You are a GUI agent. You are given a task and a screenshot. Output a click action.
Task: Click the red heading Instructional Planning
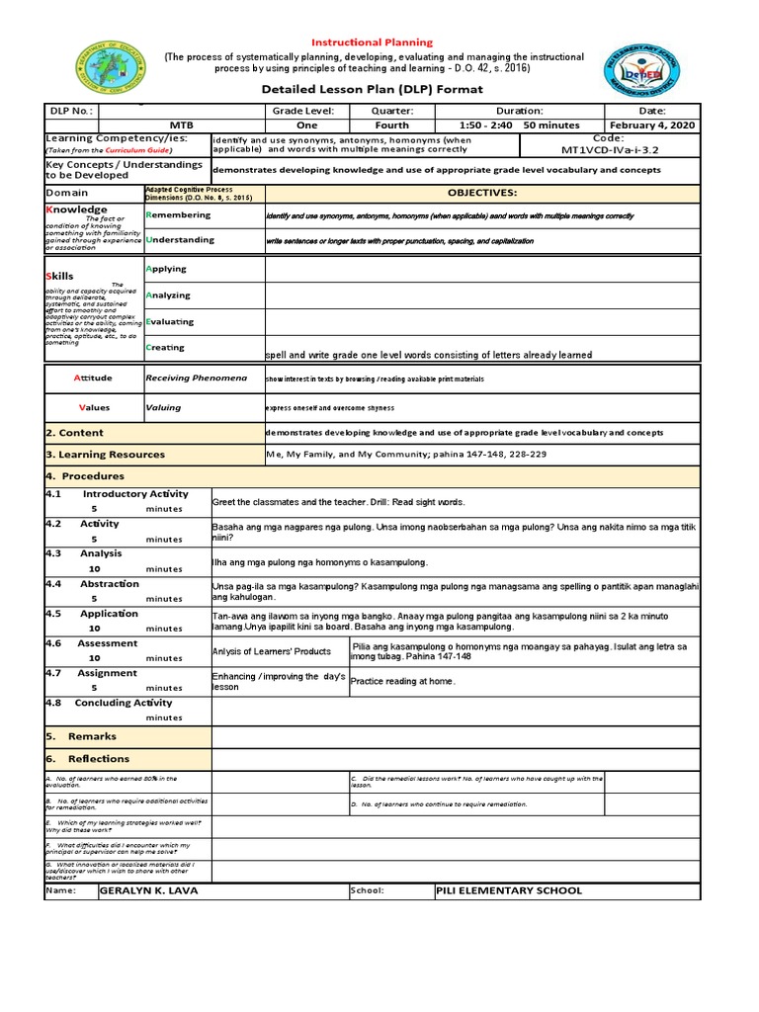tap(373, 42)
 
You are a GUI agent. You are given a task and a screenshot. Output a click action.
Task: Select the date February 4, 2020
tap(652, 126)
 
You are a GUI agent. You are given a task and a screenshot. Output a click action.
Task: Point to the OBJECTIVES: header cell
tap(482, 193)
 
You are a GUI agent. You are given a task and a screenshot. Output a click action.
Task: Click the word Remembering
tap(178, 214)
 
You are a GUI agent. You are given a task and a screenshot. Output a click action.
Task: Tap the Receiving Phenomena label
tap(196, 378)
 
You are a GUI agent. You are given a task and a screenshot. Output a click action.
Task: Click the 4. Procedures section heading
tap(85, 476)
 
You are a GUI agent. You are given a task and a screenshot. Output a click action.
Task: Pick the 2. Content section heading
tap(75, 433)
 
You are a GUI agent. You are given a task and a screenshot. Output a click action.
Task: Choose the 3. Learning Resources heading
tap(106, 455)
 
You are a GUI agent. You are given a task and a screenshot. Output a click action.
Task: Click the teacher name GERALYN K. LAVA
tap(149, 890)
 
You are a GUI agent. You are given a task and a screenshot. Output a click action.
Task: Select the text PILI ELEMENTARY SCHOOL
tap(509, 890)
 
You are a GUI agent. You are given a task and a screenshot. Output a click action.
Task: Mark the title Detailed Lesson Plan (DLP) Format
tap(372, 89)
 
